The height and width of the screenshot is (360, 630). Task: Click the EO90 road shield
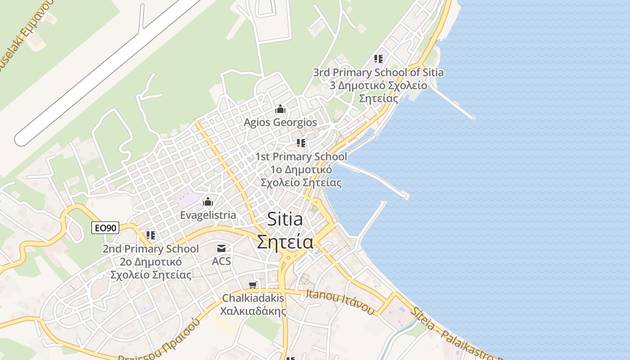(105, 228)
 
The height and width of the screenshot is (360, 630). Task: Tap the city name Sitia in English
(285, 219)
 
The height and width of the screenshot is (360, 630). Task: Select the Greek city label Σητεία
(285, 242)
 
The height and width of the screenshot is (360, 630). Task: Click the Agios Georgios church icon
(280, 109)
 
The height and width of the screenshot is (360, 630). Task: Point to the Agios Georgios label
(280, 122)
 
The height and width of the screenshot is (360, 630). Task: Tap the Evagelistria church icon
(208, 202)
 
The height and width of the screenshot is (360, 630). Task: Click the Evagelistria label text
(208, 215)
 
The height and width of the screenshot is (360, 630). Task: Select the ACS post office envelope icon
(221, 248)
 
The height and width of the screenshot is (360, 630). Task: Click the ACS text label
(221, 261)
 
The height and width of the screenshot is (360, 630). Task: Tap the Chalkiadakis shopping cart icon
(253, 285)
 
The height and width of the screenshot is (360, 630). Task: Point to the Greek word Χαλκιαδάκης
(253, 310)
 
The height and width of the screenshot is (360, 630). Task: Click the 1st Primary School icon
(301, 143)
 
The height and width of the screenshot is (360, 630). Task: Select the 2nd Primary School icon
(150, 235)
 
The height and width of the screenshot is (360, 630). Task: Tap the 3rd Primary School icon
(378, 59)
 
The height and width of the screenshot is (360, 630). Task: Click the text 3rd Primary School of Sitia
(378, 72)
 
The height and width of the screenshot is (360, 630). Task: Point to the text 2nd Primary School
(150, 248)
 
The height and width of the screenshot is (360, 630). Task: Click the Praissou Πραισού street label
(162, 342)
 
